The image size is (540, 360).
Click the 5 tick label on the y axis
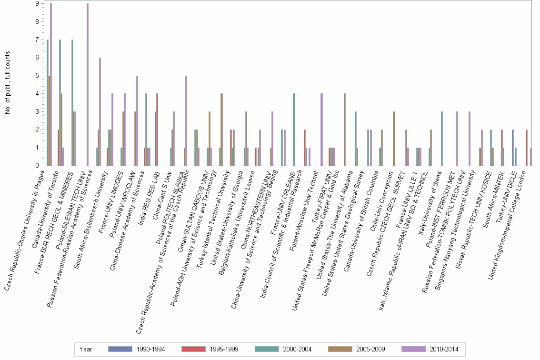[37, 76]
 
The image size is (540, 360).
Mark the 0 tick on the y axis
[37, 166]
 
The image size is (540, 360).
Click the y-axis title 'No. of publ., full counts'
[7, 83]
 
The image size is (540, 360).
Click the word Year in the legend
[86, 349]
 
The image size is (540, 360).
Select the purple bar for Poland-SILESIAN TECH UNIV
[88, 85]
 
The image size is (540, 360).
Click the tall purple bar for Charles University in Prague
[50, 85]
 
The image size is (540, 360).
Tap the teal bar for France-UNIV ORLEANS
[294, 130]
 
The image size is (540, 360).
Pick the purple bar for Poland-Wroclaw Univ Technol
[322, 130]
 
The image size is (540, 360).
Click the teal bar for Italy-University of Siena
[442, 139]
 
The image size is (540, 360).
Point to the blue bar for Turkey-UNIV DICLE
[512, 148]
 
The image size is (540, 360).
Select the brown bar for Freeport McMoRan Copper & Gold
[344, 130]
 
